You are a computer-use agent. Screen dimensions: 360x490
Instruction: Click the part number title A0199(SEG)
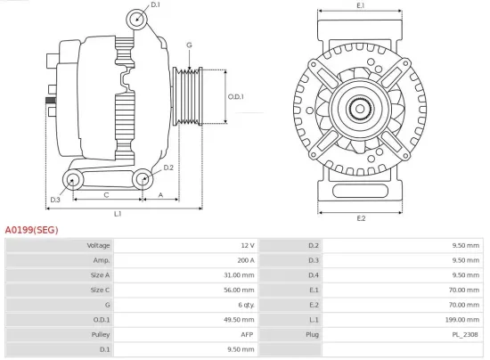coord(31,229)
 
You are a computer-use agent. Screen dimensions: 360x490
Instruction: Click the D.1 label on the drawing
coord(155,5)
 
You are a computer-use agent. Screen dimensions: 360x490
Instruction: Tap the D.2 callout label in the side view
coord(168,167)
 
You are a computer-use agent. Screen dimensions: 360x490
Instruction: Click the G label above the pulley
coord(189,45)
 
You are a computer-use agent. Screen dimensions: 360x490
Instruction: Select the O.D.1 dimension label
coord(236,96)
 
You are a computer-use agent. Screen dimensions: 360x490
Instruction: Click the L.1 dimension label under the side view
coord(118,214)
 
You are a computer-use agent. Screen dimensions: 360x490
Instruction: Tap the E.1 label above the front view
coord(361,6)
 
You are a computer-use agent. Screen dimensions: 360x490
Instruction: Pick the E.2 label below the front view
coord(361,218)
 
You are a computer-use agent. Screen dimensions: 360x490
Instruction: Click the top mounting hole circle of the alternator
coord(136,19)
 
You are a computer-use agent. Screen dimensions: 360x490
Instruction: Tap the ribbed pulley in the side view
coord(190,96)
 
